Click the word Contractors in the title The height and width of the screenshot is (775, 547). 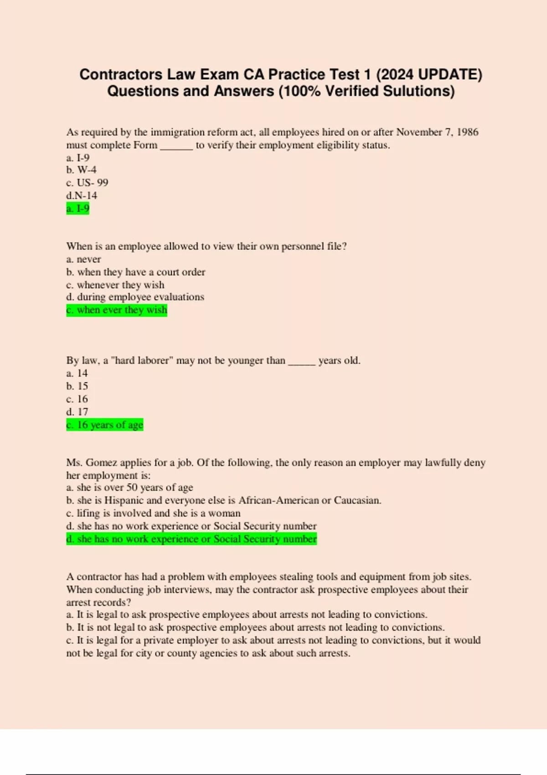click(121, 74)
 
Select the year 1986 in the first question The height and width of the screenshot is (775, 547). click(467, 132)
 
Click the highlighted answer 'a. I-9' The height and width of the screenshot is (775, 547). click(78, 209)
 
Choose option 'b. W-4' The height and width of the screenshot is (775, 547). click(81, 170)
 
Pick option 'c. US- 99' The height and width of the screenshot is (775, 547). click(87, 183)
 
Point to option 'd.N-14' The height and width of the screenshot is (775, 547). click(82, 196)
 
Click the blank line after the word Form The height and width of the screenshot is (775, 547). click(176, 146)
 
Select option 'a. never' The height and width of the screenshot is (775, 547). click(83, 259)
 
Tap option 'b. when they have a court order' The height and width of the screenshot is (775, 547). click(136, 272)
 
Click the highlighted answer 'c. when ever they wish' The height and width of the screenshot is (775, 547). click(117, 310)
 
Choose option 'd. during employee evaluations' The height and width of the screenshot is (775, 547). click(135, 297)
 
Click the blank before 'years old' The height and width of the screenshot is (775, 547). click(301, 362)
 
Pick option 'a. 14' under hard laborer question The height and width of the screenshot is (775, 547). click(77, 373)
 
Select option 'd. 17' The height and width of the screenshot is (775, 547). click(77, 412)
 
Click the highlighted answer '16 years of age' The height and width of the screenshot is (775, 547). click(105, 425)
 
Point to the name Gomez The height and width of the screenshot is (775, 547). click(101, 463)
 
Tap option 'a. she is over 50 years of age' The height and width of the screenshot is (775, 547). click(129, 488)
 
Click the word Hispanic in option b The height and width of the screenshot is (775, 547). click(124, 501)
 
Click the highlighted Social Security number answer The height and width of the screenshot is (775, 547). click(191, 539)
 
